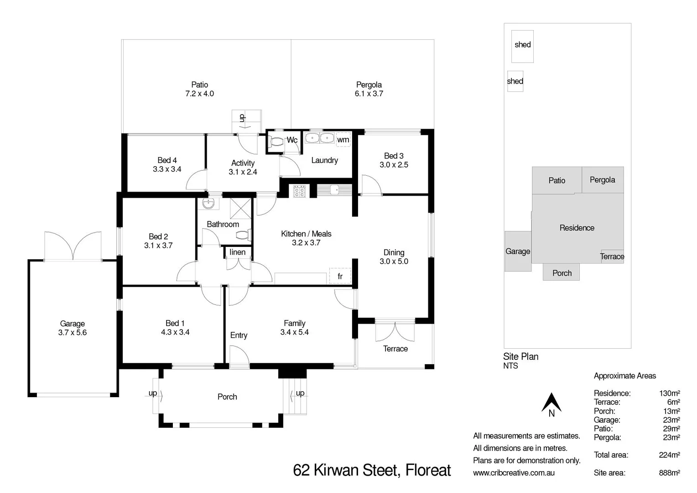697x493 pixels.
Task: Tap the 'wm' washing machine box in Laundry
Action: coord(343,139)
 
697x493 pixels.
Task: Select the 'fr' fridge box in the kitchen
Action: coord(340,276)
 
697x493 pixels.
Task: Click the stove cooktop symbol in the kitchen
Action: coord(299,191)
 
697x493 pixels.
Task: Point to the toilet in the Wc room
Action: coord(276,142)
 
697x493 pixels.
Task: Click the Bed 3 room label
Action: coord(394,156)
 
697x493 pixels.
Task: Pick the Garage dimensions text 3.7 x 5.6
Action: coord(72,332)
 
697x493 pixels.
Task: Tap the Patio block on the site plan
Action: coord(557,180)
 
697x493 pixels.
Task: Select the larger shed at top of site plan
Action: coord(522,46)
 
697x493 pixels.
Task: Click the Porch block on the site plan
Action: coord(562,273)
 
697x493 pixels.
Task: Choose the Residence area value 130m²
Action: coord(669,393)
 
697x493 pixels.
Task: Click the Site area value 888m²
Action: coord(669,472)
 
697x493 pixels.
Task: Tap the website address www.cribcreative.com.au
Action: coord(514,472)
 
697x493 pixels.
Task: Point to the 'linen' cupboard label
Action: coord(237,252)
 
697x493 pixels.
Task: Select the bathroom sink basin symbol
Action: coord(208,203)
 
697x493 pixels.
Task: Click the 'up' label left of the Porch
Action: coord(153,393)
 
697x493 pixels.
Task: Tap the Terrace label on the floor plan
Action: coord(395,349)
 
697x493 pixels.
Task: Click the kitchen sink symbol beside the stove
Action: coord(334,189)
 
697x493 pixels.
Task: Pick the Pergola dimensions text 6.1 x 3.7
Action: coord(369,94)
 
